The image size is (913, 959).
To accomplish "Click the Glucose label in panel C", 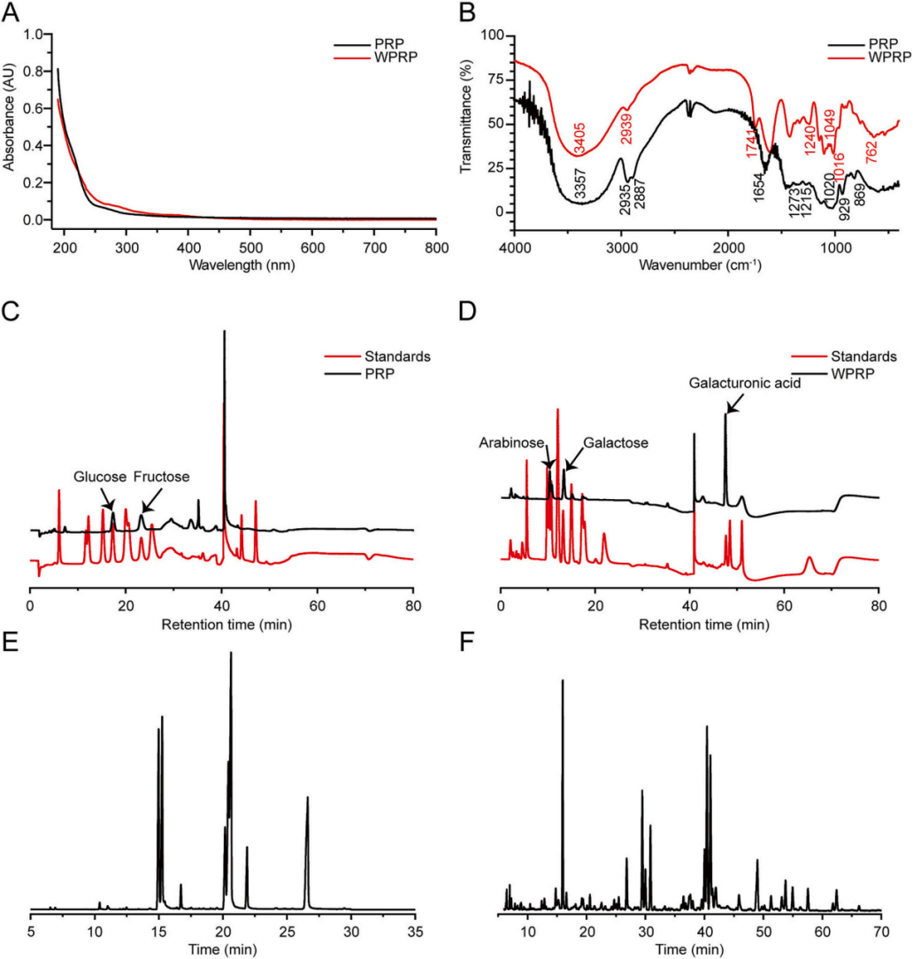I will point(99,477).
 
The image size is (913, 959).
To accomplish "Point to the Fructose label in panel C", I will point(162,477).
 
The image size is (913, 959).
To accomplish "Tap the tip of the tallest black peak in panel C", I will point(225,333).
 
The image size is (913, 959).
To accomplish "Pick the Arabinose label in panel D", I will point(509,441).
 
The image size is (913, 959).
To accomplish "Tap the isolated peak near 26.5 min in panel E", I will point(308,798).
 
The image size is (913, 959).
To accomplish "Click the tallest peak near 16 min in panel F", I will point(562,681).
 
